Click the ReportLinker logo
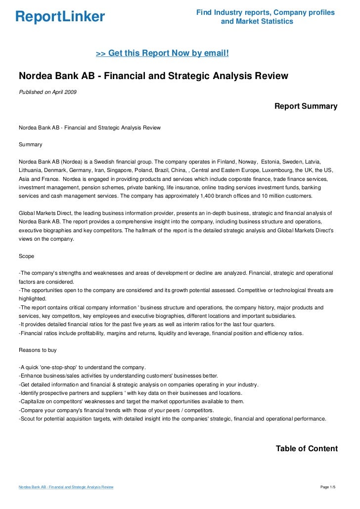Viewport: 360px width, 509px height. coord(60,17)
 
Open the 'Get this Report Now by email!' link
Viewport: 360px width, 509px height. coord(162,52)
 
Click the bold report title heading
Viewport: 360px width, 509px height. coord(153,76)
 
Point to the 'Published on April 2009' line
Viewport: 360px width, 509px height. coord(47,92)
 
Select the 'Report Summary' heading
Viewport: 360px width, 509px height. coord(306,106)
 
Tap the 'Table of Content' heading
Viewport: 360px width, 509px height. coord(306,449)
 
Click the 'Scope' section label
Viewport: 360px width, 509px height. coord(27,256)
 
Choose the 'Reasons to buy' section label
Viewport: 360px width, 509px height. coord(38,350)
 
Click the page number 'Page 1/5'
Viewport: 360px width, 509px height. coord(328,488)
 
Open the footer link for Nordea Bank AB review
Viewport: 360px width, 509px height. coord(66,488)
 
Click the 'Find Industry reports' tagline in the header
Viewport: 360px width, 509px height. coord(265,12)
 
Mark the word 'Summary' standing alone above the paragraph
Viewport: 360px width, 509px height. coord(30,145)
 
